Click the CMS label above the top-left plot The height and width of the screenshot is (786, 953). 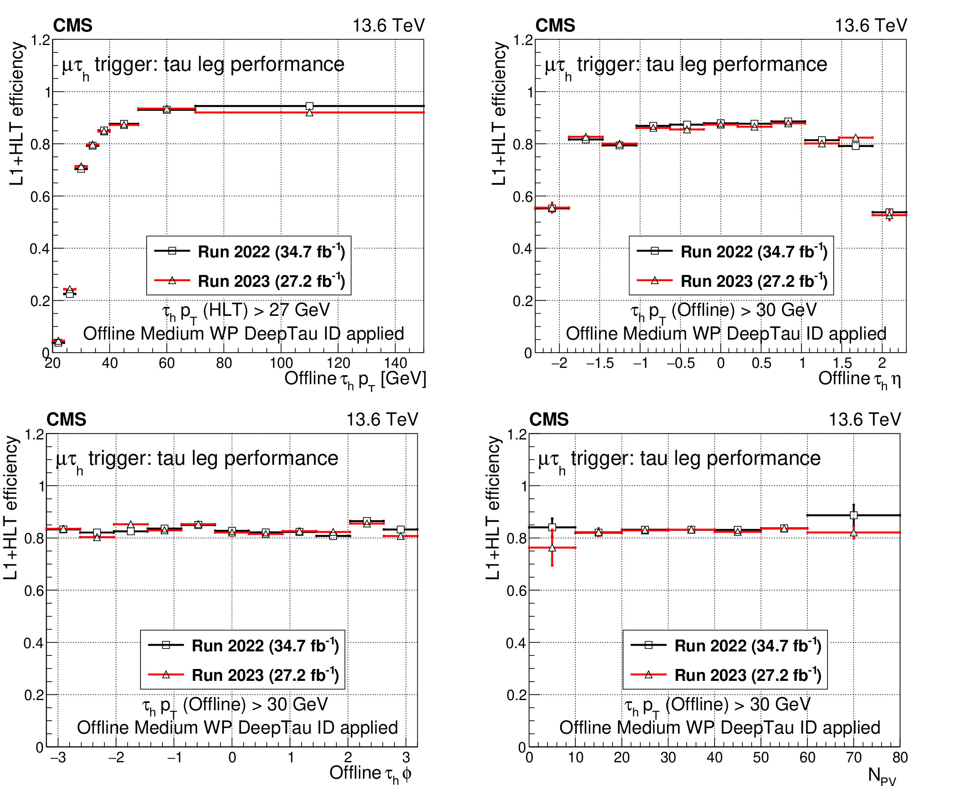(72, 25)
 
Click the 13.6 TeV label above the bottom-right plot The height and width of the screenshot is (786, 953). (864, 419)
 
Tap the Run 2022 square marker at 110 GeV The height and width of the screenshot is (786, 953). (310, 106)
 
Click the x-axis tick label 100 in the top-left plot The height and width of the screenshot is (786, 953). (281, 363)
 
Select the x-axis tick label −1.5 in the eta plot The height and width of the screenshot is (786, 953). (600, 363)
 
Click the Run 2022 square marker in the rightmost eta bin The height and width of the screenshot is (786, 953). (889, 212)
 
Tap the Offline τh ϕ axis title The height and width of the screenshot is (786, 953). (370, 773)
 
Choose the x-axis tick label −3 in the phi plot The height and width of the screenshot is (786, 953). (58, 757)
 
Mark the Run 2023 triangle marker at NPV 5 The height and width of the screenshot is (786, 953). (552, 548)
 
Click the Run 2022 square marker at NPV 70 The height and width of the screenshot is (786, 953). (854, 515)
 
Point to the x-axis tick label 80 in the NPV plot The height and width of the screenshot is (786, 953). (899, 757)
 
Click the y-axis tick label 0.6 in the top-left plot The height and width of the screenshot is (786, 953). (40, 197)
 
